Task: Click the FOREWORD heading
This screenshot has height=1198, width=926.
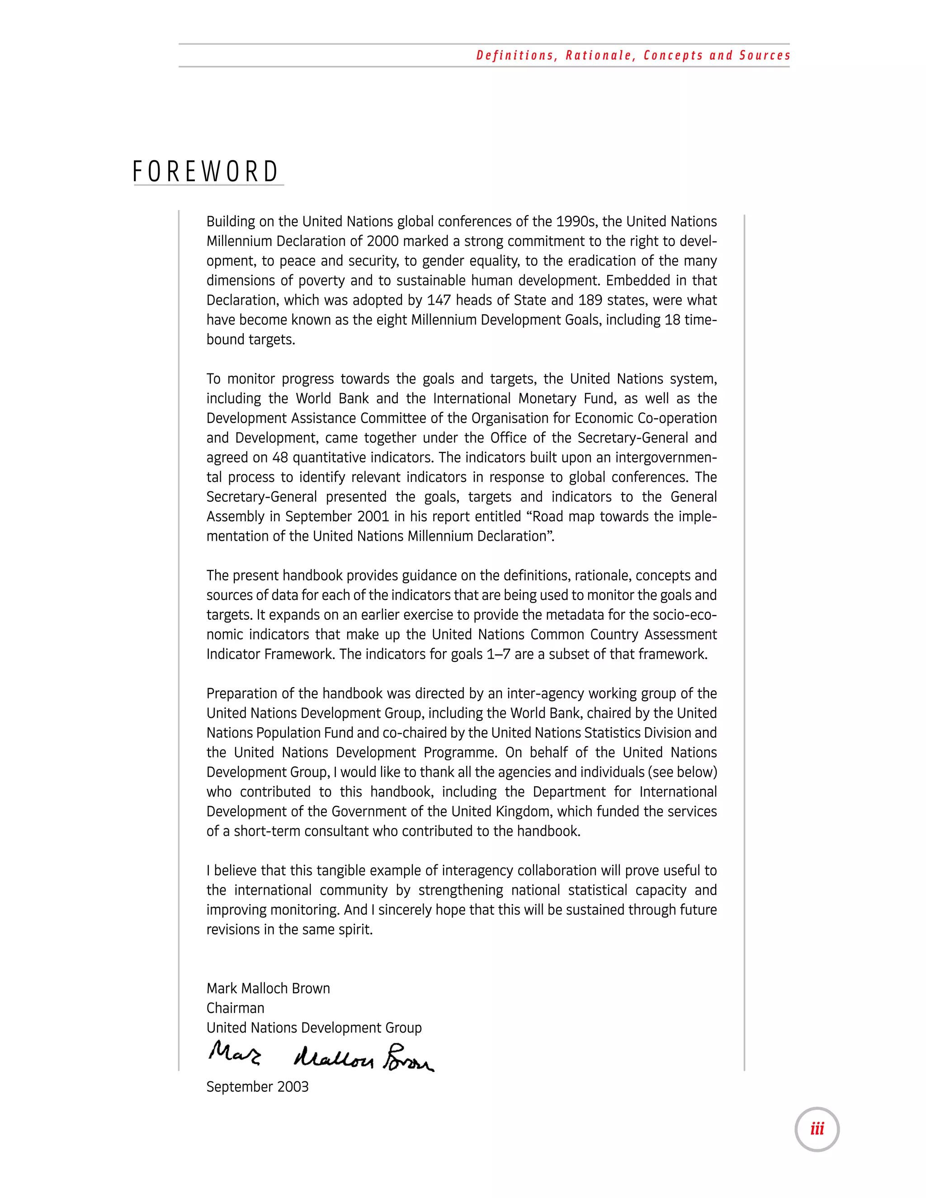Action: (206, 172)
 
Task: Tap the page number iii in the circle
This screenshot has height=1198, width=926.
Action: (817, 1129)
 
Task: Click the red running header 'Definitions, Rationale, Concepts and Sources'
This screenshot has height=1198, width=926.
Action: (633, 56)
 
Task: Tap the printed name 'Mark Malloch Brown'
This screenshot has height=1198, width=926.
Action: (268, 988)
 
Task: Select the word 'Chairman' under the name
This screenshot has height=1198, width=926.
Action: (235, 1008)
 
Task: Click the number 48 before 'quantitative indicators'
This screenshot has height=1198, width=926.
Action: (280, 458)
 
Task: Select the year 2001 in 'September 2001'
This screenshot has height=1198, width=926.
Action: (373, 516)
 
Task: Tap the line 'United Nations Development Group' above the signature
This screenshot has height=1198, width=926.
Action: (314, 1028)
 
